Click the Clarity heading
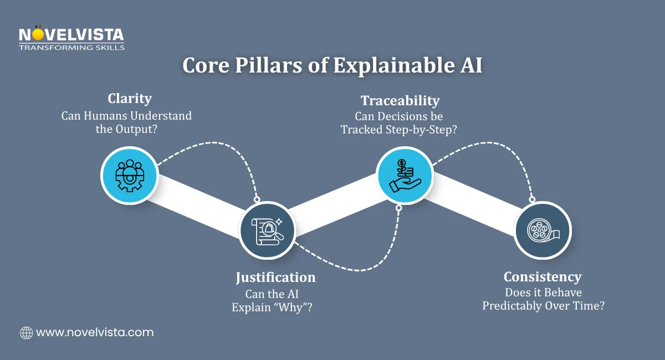[x=130, y=99]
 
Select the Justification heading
[x=275, y=277]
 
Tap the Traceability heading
[x=400, y=100]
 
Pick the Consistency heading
[x=542, y=276]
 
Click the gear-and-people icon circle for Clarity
[x=129, y=176]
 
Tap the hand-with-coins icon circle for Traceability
[x=405, y=174]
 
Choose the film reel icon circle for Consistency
[x=542, y=230]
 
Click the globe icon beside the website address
[x=26, y=332]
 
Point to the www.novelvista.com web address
[x=95, y=332]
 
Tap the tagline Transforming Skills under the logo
[x=71, y=48]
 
